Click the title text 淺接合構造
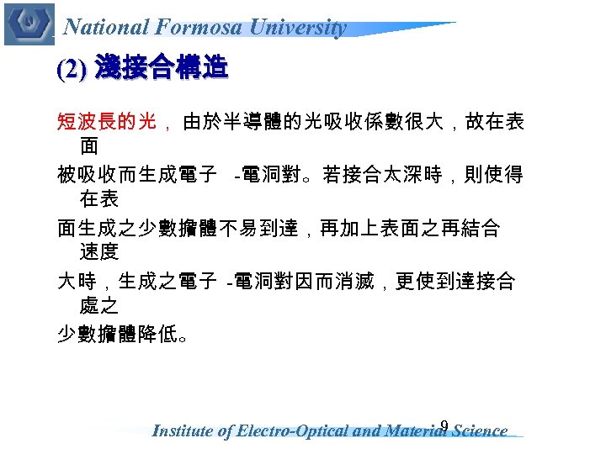click(x=162, y=68)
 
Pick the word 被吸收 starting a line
click(x=82, y=176)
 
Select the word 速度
click(x=99, y=251)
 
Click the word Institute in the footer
click(x=183, y=431)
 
